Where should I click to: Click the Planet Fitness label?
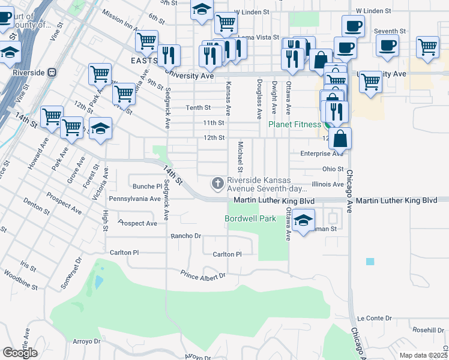[x=295, y=124]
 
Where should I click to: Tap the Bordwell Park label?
[x=250, y=218]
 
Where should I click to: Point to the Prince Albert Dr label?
[x=203, y=275]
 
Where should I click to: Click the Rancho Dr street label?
[x=186, y=236]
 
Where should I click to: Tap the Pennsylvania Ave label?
[x=134, y=198]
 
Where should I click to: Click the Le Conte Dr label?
[x=374, y=318]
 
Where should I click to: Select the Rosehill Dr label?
[x=427, y=330]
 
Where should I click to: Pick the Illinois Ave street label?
[x=328, y=184]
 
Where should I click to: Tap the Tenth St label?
[x=198, y=108]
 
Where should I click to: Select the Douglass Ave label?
[x=259, y=98]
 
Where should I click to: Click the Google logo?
[x=20, y=353]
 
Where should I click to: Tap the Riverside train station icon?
[x=52, y=73]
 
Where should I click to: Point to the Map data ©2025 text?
[x=423, y=355]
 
